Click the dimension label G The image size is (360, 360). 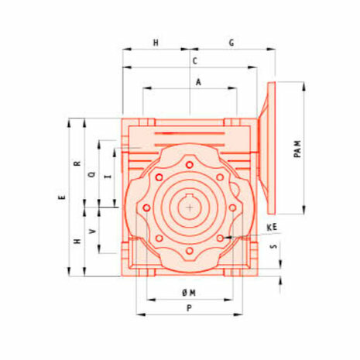pos(231,43)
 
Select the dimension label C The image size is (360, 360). pos(195,61)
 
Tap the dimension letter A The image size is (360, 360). pos(198,82)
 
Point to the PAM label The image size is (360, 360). pos(297,149)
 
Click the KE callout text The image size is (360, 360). pos(272,228)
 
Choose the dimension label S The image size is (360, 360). pos(273,246)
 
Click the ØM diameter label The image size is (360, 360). pos(189,293)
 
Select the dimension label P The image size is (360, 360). pos(189,308)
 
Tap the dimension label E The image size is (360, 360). pos(62,197)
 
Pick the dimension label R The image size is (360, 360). pos(77,163)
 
